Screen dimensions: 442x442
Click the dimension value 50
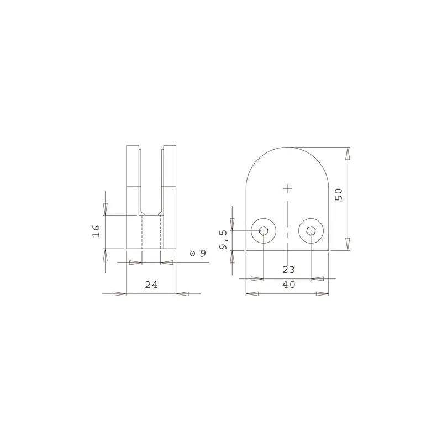click(339, 194)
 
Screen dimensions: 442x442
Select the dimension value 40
click(289, 285)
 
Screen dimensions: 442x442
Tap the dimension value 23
click(288, 270)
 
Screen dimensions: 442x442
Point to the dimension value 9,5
click(223, 239)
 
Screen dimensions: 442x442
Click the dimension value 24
click(151, 285)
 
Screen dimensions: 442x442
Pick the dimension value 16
click(96, 231)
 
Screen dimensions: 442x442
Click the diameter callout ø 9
click(198, 253)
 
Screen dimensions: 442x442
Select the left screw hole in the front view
click(264, 230)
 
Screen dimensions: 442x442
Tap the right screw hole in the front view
click(311, 230)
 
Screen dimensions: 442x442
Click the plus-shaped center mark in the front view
click(287, 188)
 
